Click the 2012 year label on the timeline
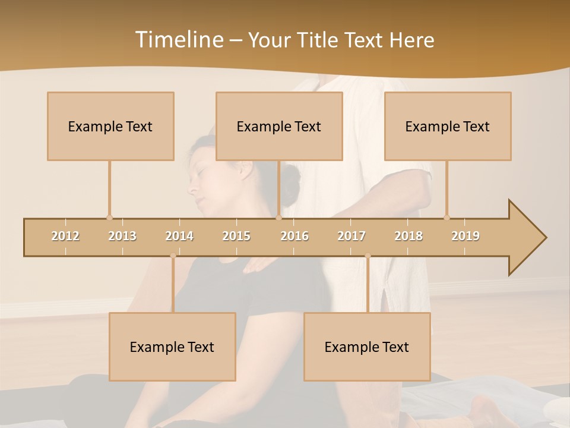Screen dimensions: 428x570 [65, 236]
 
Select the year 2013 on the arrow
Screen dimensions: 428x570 [122, 236]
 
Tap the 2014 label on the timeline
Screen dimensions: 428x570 [179, 236]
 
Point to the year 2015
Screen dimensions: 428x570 [236, 236]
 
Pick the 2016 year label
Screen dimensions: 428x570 [294, 236]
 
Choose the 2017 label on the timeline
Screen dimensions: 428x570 [351, 236]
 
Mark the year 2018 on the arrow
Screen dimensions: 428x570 [408, 236]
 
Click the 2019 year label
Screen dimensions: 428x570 [465, 236]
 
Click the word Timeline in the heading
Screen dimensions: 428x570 [178, 40]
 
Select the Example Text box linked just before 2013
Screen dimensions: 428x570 [110, 126]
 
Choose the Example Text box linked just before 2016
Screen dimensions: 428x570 [279, 126]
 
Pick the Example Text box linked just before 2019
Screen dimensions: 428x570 [448, 126]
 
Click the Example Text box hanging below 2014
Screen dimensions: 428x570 [172, 347]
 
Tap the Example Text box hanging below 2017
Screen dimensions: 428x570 [367, 347]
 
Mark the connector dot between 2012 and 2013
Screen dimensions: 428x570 [109, 218]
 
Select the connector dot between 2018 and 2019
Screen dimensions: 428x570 [446, 218]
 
